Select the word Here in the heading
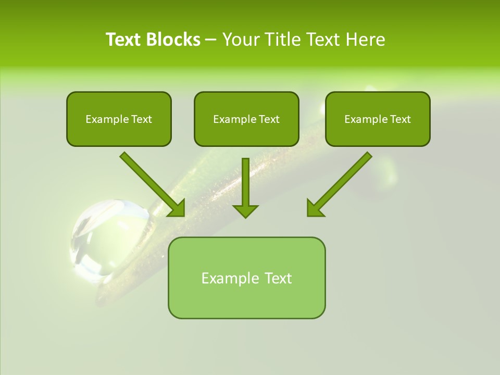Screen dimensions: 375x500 click(x=366, y=40)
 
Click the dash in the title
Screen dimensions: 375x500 click(x=211, y=40)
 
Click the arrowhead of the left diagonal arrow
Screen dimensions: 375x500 click(x=177, y=208)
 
